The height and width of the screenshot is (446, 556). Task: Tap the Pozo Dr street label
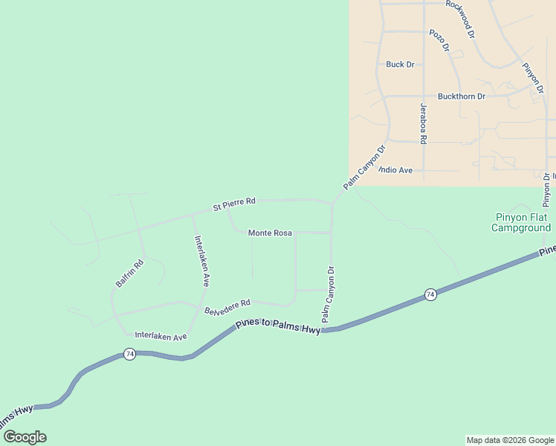pyautogui.click(x=440, y=41)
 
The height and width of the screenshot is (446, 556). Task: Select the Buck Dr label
pyautogui.click(x=400, y=65)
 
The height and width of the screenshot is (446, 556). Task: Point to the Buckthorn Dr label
pyautogui.click(x=461, y=97)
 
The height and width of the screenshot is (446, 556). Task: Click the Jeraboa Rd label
pyautogui.click(x=423, y=123)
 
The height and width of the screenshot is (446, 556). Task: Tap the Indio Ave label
pyautogui.click(x=395, y=170)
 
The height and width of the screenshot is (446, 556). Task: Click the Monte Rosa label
pyautogui.click(x=270, y=233)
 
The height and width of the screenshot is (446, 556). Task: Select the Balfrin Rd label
pyautogui.click(x=129, y=274)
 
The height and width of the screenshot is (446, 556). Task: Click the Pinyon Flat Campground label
pyautogui.click(x=521, y=223)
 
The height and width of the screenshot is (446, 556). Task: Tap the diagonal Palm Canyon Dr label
pyautogui.click(x=364, y=167)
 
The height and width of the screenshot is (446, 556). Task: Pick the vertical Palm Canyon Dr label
pyautogui.click(x=329, y=294)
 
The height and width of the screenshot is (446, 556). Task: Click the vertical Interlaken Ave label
pyautogui.click(x=201, y=261)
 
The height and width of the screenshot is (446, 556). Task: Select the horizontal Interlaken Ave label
pyautogui.click(x=161, y=337)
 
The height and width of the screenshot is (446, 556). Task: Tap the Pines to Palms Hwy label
pyautogui.click(x=278, y=326)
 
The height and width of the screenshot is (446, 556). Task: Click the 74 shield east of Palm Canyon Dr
pyautogui.click(x=430, y=295)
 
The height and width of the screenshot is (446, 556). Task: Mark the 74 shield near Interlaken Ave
pyautogui.click(x=129, y=354)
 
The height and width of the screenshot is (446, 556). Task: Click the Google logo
pyautogui.click(x=25, y=437)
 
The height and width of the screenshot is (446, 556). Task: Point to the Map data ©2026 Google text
pyautogui.click(x=510, y=440)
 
